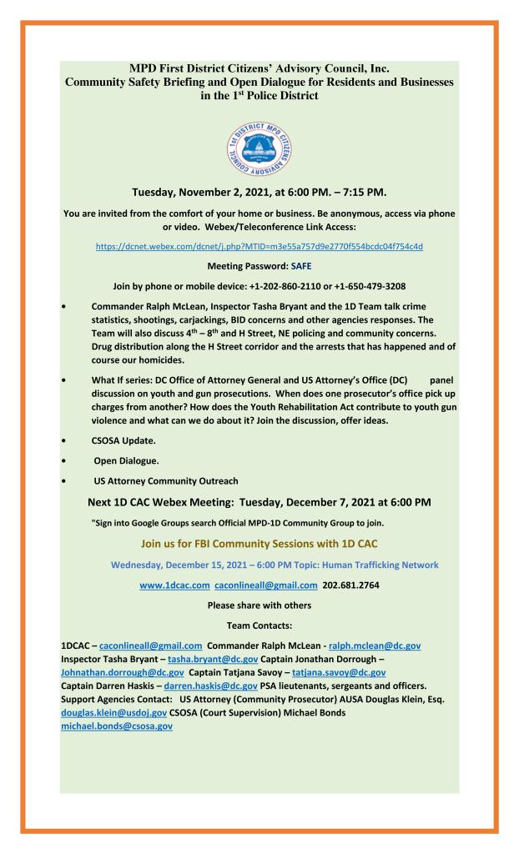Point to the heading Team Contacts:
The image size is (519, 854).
tap(259, 624)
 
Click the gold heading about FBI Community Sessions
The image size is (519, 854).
tap(259, 545)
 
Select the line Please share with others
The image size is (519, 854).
tap(259, 605)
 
